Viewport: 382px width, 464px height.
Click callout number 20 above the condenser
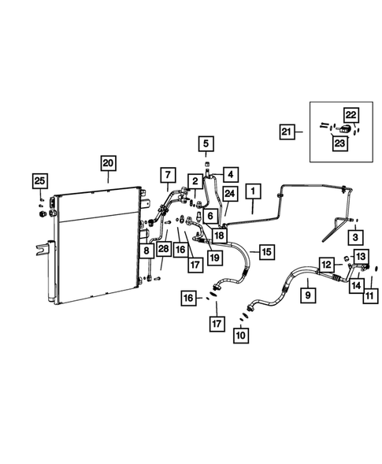pos(108,163)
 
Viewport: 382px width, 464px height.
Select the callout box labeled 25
pos(39,182)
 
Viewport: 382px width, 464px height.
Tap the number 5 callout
pos(206,143)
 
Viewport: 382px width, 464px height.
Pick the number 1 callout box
pos(253,191)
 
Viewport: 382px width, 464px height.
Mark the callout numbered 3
pos(355,236)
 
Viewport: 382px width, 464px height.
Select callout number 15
pos(266,252)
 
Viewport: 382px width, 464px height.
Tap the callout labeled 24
pos(229,194)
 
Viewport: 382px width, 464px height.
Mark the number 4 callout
pos(231,173)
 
